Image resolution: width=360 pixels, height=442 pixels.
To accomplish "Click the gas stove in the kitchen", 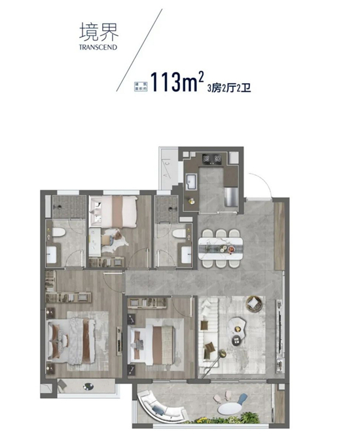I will (213, 158).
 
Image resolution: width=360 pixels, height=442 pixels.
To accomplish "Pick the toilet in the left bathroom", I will (58, 233).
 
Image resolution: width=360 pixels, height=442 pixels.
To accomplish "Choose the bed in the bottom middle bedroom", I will (156, 341).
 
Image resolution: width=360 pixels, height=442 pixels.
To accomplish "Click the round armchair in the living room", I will (253, 305).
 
